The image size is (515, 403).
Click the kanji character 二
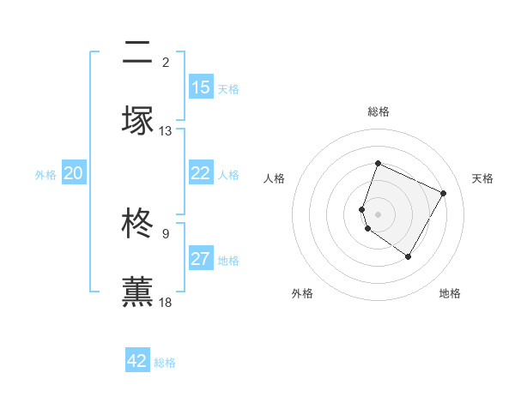[138, 52]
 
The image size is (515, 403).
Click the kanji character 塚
[138, 120]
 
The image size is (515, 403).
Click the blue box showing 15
[201, 87]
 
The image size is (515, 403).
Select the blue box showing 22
[201, 173]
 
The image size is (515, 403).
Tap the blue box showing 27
[201, 259]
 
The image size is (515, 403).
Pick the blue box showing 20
[73, 173]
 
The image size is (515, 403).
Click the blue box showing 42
[137, 361]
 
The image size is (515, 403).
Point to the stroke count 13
[166, 131]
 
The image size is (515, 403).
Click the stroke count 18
[166, 303]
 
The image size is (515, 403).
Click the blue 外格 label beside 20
[45, 175]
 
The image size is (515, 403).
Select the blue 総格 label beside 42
[165, 363]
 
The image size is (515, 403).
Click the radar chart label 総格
[378, 112]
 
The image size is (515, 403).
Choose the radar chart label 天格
[482, 178]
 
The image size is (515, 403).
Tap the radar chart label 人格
[274, 178]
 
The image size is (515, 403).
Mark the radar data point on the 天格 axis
[444, 193]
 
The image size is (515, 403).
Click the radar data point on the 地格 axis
[409, 256]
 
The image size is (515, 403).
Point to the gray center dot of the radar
[378, 214]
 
